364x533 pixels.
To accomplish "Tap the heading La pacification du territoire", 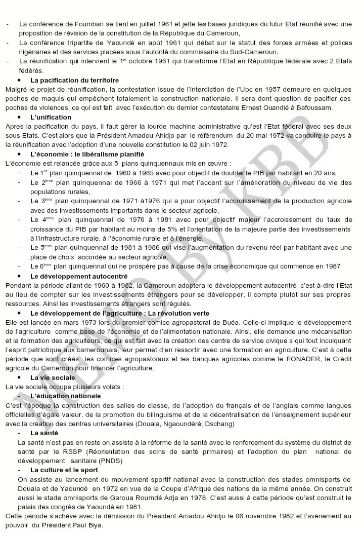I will [x=74, y=80].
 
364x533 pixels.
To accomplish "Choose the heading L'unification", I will [x=52, y=117].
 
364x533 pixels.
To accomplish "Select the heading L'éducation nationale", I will [x=65, y=396].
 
